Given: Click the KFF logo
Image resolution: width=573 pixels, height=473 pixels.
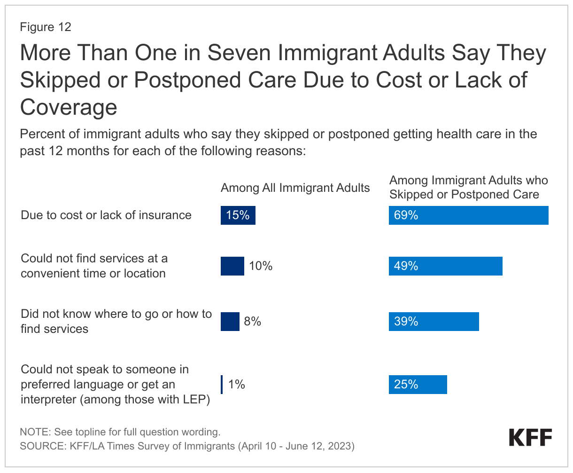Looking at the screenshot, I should (530, 437).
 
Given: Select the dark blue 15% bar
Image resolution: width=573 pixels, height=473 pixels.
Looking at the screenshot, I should (238, 215).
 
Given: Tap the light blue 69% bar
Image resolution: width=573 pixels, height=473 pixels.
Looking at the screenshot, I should (468, 215).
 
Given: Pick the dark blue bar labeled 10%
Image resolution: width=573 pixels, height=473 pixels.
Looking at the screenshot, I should (232, 266).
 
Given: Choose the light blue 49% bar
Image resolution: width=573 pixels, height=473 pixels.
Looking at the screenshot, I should (445, 266).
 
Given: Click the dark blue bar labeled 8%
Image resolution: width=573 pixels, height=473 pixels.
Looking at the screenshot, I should (230, 322).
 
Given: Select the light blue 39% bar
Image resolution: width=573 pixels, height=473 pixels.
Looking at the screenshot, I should (434, 322).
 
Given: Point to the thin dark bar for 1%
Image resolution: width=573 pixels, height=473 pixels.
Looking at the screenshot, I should (222, 385).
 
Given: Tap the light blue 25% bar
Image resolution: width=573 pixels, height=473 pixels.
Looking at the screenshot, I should (418, 385).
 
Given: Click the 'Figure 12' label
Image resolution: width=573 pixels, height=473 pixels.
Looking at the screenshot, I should (46, 27).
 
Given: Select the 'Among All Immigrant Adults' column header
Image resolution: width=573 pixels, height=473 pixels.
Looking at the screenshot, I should (295, 188).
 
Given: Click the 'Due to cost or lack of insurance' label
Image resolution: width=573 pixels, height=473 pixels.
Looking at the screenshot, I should (106, 215).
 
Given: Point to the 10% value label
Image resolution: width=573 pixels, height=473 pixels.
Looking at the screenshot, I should (261, 266).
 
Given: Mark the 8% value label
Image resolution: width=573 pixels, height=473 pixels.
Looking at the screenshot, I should (252, 322).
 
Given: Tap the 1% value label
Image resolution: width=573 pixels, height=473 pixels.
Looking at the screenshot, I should (237, 385).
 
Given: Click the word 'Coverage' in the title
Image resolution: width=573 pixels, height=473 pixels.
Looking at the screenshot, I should (69, 107).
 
